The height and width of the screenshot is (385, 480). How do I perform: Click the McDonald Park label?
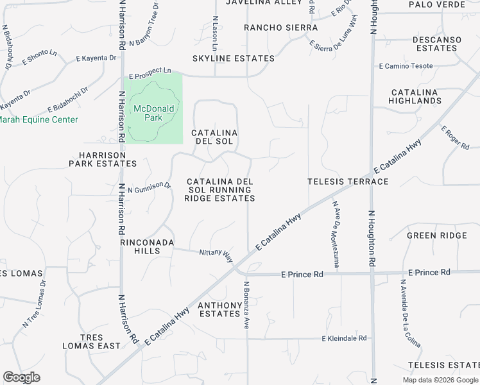153,113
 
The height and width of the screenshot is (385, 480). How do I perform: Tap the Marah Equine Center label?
39,120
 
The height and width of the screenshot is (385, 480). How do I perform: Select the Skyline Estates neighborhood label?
234,58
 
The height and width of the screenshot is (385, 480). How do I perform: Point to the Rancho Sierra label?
280,28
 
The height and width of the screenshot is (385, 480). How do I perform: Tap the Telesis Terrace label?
348,182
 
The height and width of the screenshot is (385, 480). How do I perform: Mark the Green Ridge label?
436,235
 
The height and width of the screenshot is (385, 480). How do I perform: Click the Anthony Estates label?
219,309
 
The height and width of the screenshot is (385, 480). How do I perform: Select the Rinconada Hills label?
140,246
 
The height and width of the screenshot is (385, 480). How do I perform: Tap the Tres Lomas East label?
91,341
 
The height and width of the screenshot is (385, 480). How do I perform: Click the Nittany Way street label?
216,255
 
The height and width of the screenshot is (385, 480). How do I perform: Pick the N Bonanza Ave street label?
246,305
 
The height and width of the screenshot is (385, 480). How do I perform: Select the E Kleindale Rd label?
344,338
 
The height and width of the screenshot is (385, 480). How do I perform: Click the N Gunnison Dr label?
150,187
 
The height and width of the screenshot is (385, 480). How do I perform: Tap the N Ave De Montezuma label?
335,234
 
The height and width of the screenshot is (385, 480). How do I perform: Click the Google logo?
21,377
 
